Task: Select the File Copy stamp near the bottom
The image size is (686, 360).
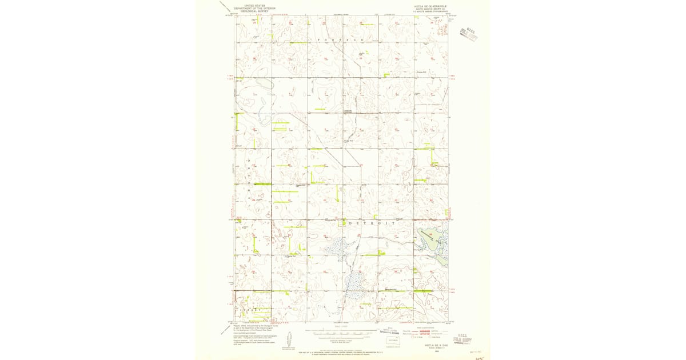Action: (461, 341)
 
